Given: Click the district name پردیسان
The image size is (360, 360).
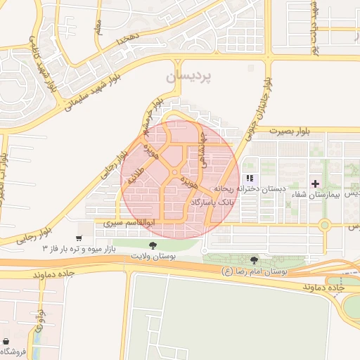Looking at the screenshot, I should click(x=187, y=77).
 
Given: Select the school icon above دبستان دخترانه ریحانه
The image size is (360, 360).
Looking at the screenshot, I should click(x=250, y=178).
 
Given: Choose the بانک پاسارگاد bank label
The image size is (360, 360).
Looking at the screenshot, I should click(x=210, y=202).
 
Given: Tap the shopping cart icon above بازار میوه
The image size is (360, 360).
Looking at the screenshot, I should click(x=79, y=238).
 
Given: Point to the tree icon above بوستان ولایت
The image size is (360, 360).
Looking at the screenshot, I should click(x=153, y=245).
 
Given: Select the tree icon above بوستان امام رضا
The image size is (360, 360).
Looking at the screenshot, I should click(x=254, y=259).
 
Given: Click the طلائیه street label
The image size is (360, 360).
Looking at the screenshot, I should click(x=135, y=175).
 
